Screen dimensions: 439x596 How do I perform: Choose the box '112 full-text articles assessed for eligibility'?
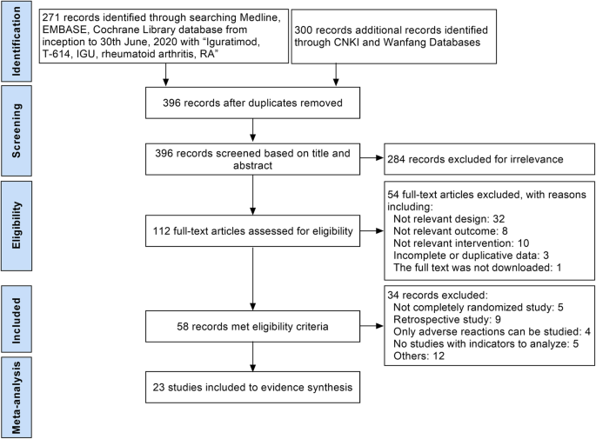(x=251, y=231)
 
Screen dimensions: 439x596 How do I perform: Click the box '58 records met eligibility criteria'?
(x=251, y=329)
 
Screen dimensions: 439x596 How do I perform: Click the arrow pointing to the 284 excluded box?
(x=370, y=158)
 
